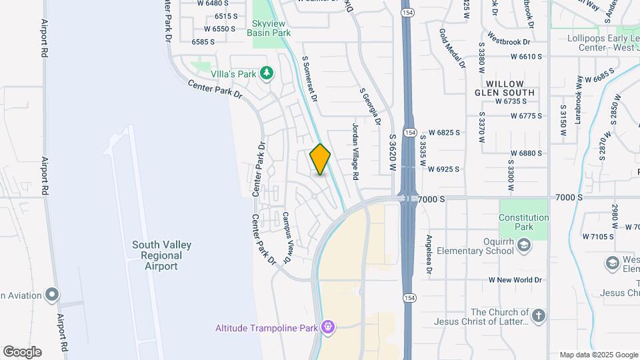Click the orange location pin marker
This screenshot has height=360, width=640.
point(320,159)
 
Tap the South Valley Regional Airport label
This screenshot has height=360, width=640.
point(161,255)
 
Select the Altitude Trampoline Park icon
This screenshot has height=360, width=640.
point(327,327)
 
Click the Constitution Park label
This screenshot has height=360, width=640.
point(525,222)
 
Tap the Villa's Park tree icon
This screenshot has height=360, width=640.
point(267,72)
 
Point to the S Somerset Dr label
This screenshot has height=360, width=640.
point(309,79)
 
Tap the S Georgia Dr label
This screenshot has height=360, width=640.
point(370,107)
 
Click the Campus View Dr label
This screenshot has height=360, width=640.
point(287,237)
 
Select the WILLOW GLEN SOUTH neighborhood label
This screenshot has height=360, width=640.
point(505,88)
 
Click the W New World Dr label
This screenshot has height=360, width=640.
point(515,280)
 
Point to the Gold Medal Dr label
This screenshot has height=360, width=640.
point(452,49)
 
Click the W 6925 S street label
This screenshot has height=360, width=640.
point(444,169)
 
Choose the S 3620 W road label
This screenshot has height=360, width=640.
point(393,152)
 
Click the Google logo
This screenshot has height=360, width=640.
point(22,351)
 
